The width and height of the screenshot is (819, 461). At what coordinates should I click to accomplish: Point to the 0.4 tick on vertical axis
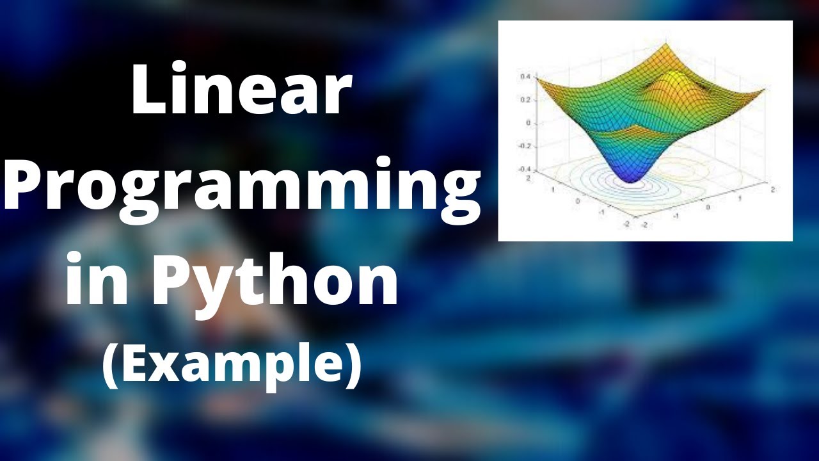click(524, 77)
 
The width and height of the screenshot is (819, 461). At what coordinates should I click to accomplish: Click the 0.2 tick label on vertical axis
click(524, 100)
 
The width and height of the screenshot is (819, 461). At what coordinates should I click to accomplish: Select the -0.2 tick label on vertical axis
click(523, 146)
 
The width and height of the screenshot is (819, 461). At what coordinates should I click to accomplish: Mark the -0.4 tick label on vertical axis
click(523, 169)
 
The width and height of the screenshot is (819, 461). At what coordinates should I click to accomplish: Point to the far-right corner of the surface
click(764, 90)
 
